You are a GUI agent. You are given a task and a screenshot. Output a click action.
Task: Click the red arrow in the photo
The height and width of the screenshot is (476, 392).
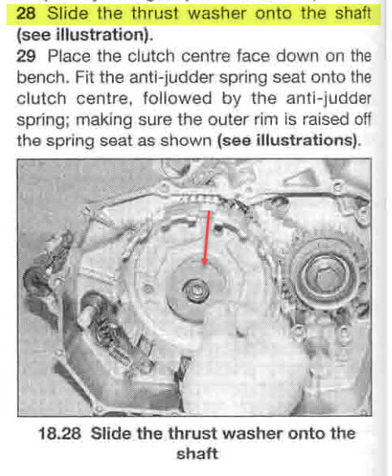click(x=209, y=240)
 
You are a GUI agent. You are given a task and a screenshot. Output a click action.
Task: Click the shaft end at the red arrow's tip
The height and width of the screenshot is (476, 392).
click(x=198, y=285)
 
